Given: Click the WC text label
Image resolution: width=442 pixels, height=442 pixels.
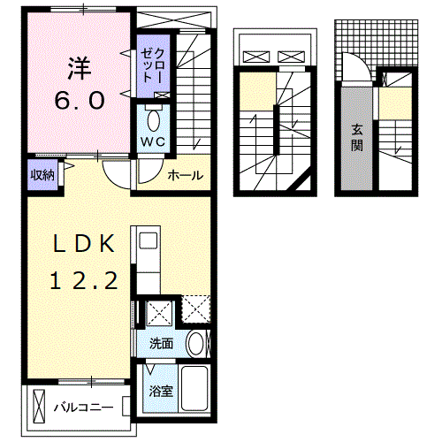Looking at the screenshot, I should pyautogui.click(x=149, y=142).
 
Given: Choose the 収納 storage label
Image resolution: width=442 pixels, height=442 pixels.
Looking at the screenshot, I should pyautogui.click(x=42, y=175).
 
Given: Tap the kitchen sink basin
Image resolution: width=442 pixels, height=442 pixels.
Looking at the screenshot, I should pyautogui.click(x=146, y=240).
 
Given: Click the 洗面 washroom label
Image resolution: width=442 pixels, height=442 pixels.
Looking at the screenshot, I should pyautogui.click(x=160, y=343).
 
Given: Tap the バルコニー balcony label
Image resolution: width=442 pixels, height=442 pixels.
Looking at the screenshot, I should pyautogui.click(x=82, y=408).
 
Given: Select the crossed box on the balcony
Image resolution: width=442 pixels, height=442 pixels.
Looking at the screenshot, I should pyautogui.click(x=39, y=407).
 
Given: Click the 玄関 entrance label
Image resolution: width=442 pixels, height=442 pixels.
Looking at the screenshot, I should pyautogui.click(x=357, y=137).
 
